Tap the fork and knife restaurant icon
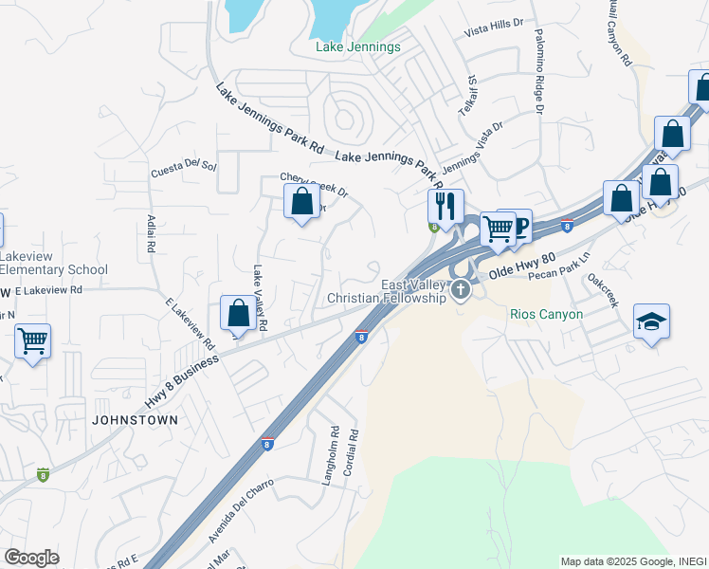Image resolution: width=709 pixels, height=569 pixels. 444,204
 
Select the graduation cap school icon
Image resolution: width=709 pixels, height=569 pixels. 651,322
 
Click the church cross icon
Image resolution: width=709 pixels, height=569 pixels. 461,289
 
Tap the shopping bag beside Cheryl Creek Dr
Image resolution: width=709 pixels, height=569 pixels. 301,201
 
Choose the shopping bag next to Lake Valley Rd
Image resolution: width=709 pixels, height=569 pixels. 239,312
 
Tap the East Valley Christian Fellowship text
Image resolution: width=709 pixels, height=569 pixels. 386,292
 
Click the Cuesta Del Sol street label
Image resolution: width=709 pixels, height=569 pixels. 184,169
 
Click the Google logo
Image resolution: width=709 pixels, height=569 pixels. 31,558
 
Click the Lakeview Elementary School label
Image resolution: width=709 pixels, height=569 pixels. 53,263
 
